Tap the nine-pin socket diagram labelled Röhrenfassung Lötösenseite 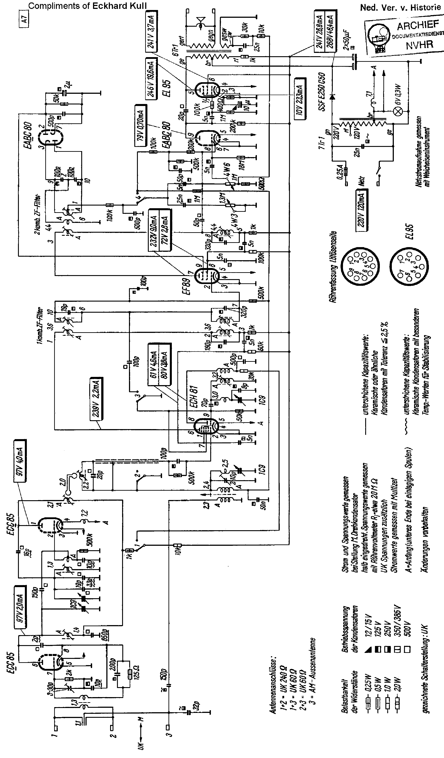coord(361,265)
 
